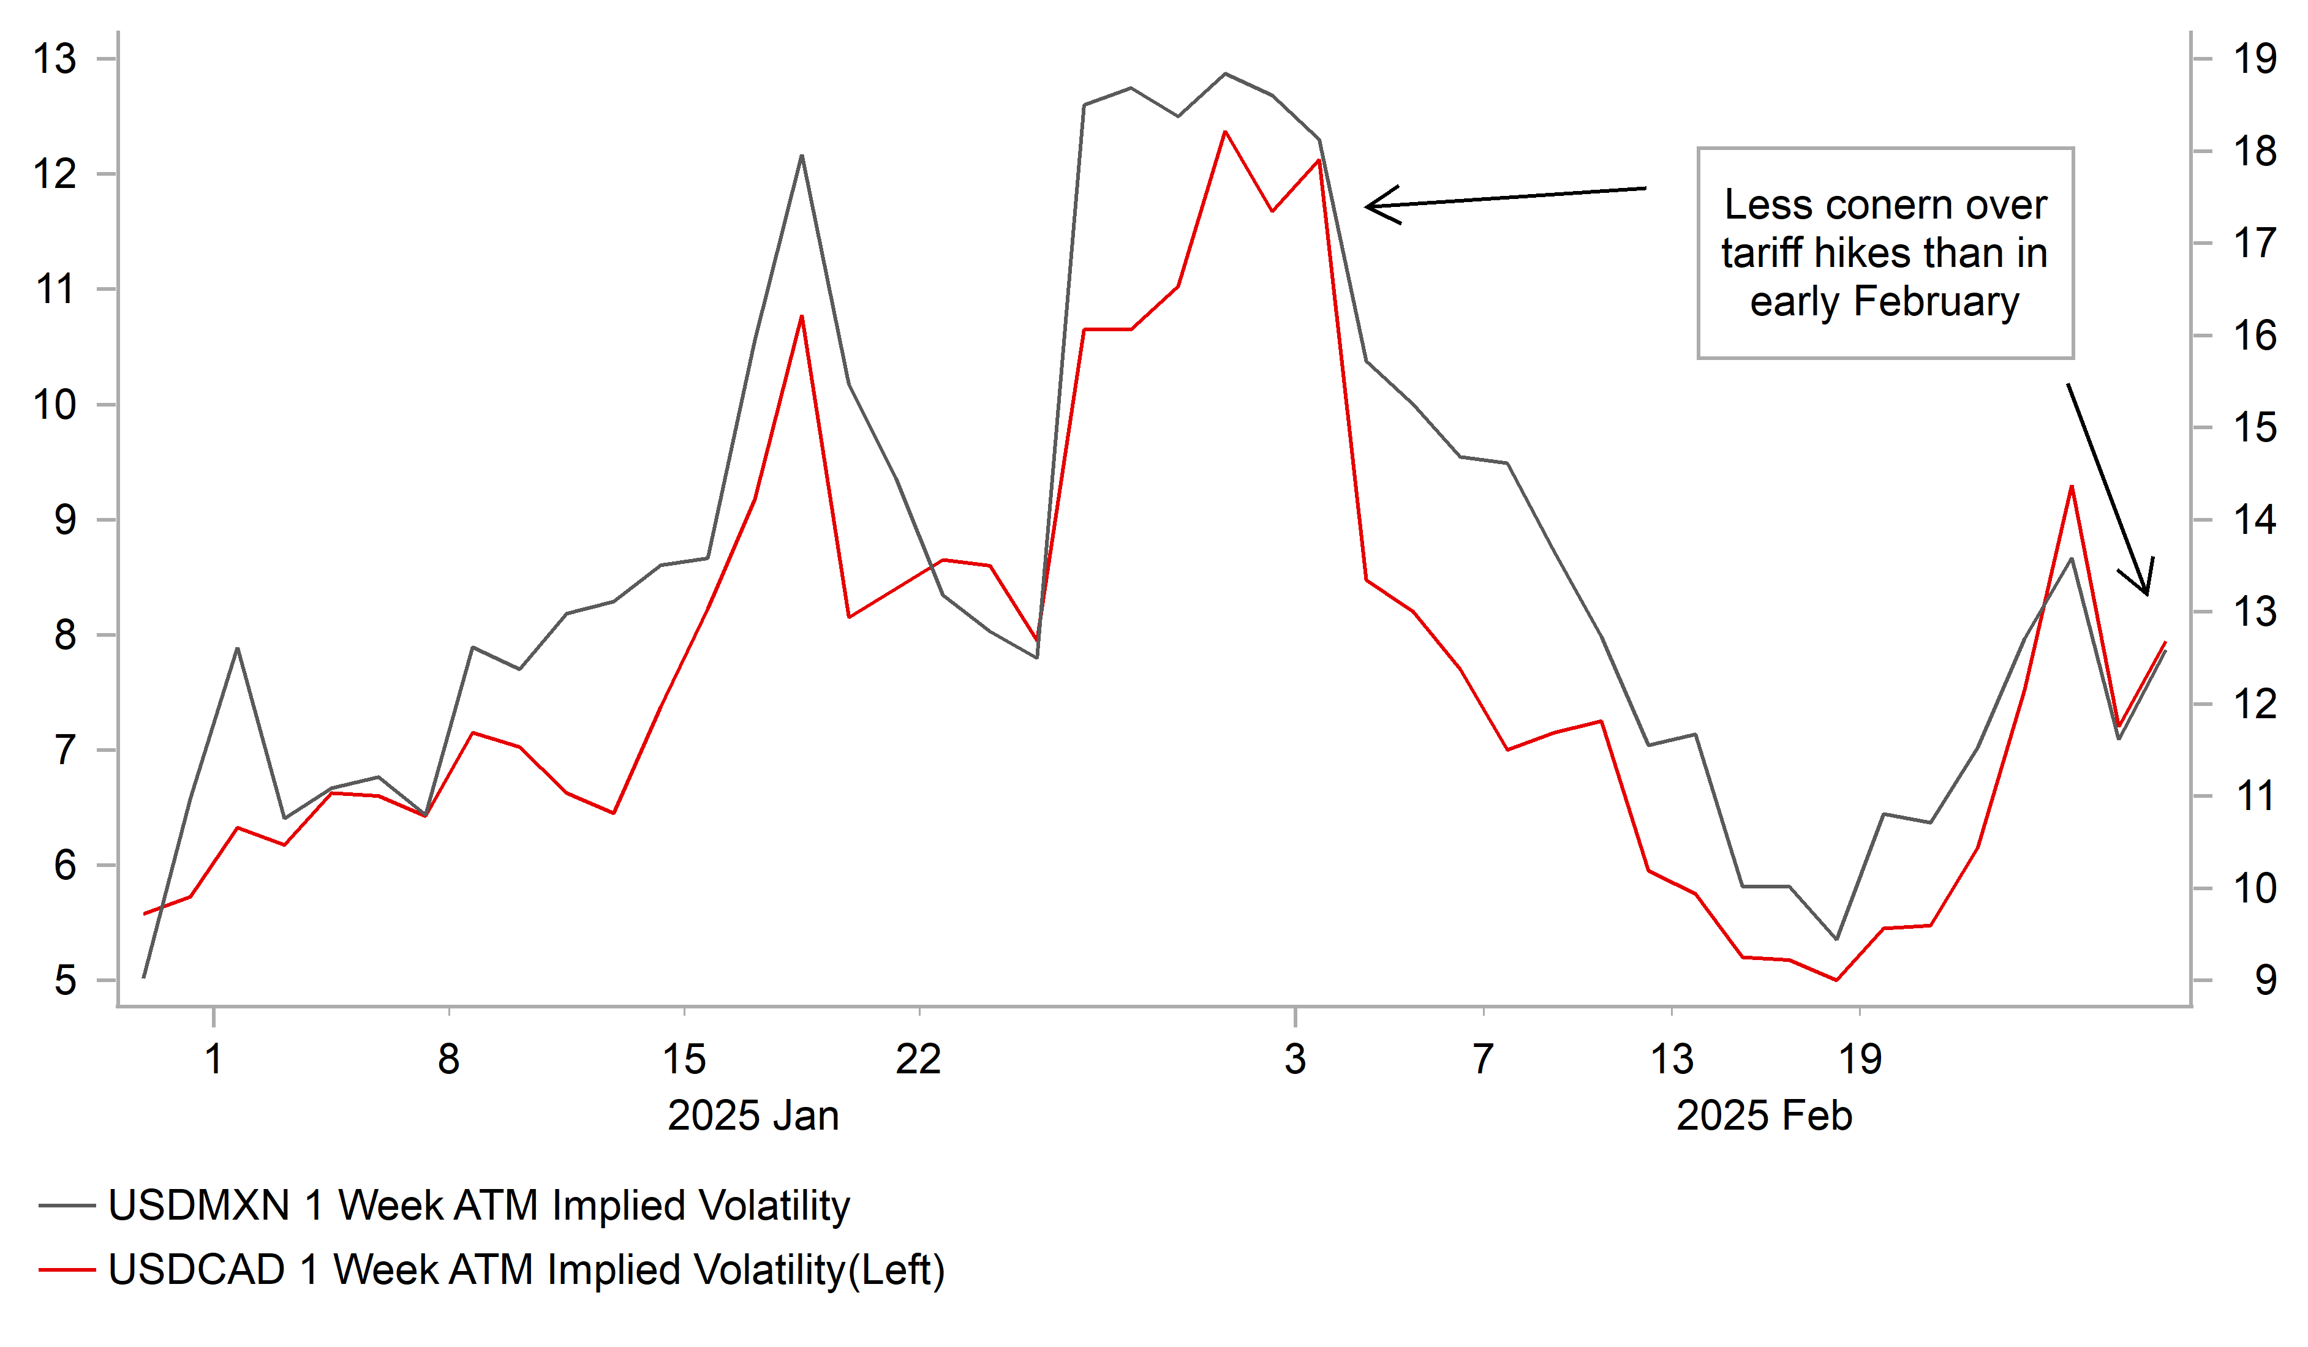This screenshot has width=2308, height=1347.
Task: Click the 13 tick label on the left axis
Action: click(x=55, y=59)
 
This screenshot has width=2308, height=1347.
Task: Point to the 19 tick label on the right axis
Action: click(x=2255, y=59)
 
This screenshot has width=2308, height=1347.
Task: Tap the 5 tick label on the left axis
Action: click(x=65, y=981)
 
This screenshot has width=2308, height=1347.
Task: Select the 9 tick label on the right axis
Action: click(x=2265, y=981)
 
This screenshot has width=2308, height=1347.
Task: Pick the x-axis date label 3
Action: click(x=1294, y=1059)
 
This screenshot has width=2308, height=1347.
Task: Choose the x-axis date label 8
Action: click(x=448, y=1059)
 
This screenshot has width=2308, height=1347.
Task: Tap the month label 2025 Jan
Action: click(x=753, y=1116)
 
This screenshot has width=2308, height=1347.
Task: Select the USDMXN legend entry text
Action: click(x=479, y=1205)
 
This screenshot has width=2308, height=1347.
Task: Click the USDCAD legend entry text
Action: click(x=526, y=1270)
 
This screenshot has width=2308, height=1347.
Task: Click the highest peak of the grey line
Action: click(x=1226, y=73)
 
